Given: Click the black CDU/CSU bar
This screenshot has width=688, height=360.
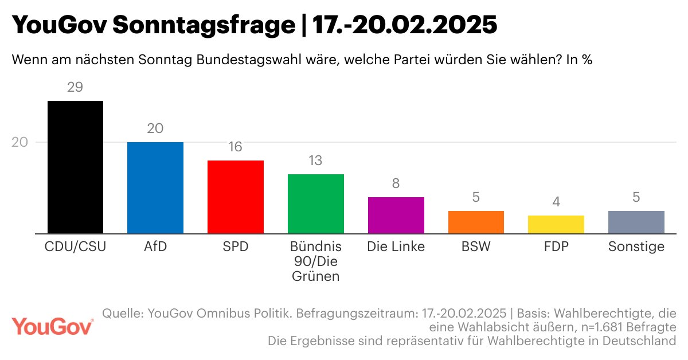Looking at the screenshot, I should [75, 167].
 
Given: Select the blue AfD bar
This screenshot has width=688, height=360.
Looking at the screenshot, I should [155, 188].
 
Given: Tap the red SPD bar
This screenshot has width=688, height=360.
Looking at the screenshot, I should [235, 197].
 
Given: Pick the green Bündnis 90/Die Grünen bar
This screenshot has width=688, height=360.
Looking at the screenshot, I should [315, 204].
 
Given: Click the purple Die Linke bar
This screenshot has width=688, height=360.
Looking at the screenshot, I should [396, 216].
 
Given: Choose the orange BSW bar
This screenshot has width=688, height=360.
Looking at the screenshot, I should [476, 222].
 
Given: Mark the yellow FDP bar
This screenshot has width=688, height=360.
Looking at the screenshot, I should [556, 225].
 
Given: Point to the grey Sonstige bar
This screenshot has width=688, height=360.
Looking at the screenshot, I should [636, 222].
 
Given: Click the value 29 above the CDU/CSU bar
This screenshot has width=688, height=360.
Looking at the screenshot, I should [75, 88].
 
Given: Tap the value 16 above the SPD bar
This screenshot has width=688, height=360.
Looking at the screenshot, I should [235, 147].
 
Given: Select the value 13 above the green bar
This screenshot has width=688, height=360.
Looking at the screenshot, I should [315, 161].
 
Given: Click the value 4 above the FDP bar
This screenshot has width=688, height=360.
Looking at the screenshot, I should [556, 202].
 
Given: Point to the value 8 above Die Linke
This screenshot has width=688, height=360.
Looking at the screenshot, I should [396, 183].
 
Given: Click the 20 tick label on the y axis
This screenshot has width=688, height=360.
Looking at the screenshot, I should [20, 142].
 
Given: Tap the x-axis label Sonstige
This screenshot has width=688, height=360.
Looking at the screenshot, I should [636, 247].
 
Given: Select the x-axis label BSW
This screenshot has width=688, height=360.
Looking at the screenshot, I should [476, 247].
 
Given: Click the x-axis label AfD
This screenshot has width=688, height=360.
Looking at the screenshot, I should [155, 247].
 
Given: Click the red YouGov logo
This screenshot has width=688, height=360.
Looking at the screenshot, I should [53, 327].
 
